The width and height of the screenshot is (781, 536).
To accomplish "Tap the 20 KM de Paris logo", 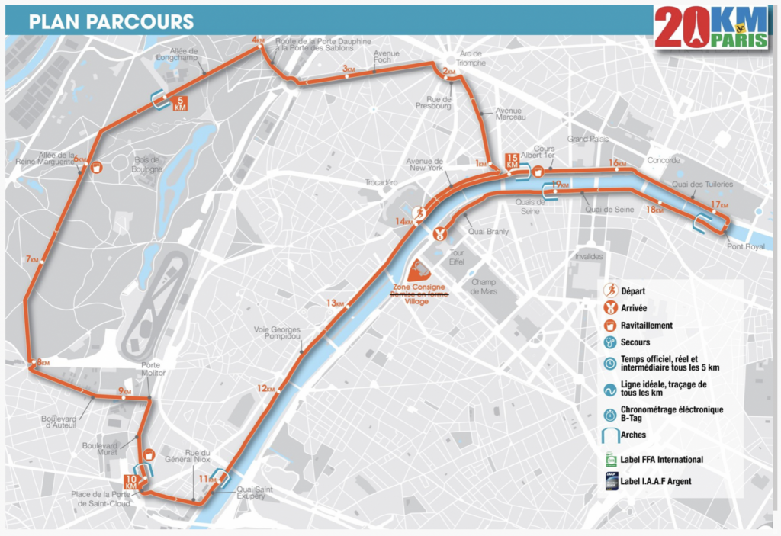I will coord(711,29).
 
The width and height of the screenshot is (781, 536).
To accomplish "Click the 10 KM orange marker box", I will coord(131,483).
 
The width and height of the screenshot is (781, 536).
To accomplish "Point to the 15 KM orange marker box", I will coord(513,161).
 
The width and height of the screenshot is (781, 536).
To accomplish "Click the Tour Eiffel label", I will coord(458,257).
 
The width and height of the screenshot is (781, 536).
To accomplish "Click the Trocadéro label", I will coord(380,183).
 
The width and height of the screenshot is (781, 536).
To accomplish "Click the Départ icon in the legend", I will coord(610,290).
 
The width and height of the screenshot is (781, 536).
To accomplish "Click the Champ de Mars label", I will coord(484,286).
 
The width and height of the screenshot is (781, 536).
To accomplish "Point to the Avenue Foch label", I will coord(386,58).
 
